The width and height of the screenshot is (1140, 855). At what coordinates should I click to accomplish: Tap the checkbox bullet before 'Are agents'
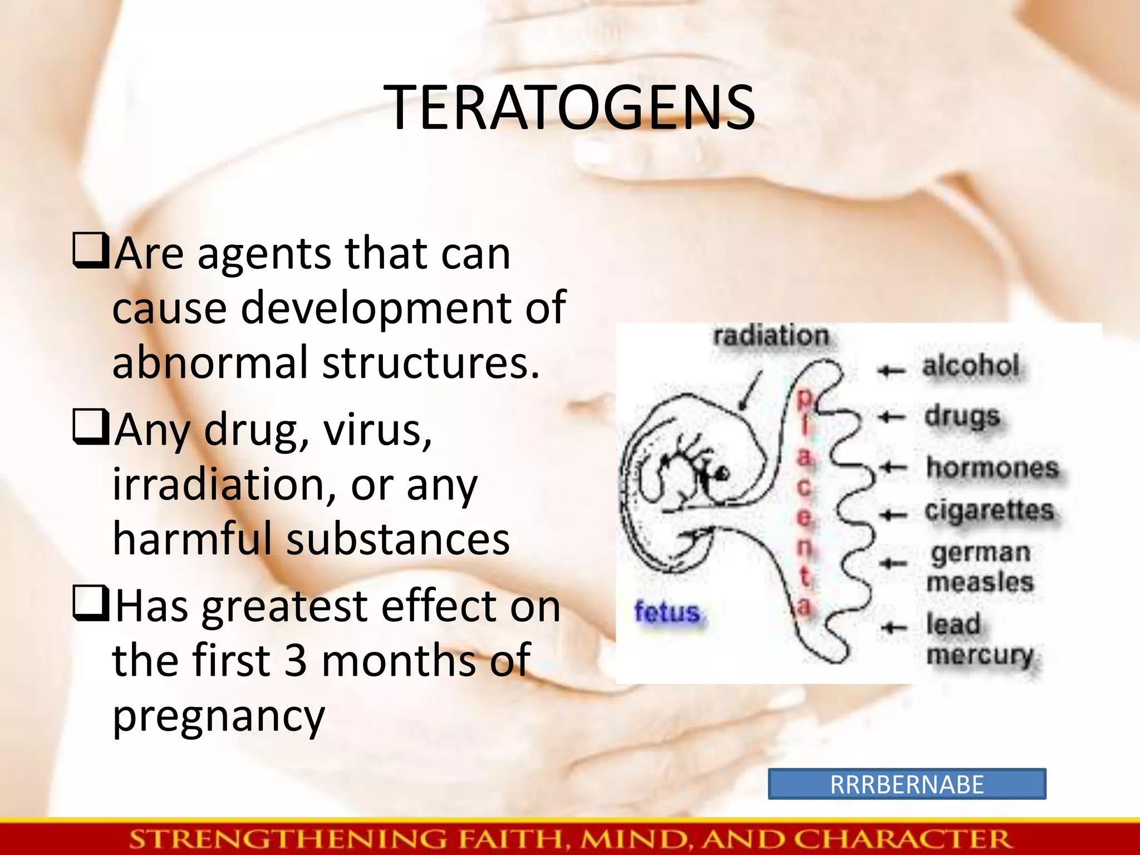click(90, 251)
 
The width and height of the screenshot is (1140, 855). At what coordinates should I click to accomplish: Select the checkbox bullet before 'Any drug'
click(90, 427)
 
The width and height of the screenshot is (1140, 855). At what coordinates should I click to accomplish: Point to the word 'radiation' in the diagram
click(772, 336)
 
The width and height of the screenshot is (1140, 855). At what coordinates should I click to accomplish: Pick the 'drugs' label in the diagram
click(962, 416)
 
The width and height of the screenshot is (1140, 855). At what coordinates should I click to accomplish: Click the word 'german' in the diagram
click(980, 553)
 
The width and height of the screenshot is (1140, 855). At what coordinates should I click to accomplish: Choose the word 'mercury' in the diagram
click(980, 655)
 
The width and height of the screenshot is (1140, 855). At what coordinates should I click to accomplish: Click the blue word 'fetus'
click(667, 612)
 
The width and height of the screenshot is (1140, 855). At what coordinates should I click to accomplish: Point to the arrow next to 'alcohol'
click(892, 370)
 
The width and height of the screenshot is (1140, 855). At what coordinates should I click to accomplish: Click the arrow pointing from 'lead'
click(894, 628)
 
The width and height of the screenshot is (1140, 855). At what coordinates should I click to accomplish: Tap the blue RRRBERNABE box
click(907, 784)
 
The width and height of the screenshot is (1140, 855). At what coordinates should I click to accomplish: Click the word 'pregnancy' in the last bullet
click(219, 716)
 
